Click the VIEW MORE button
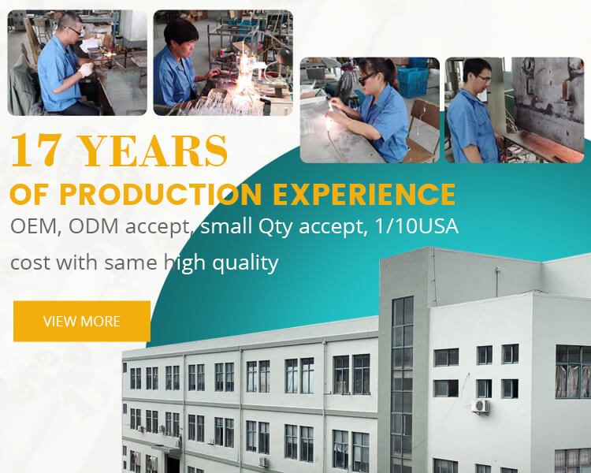[x=82, y=321]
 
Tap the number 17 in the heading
[x=36, y=150]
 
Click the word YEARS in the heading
[x=154, y=150]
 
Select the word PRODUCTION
[x=160, y=194]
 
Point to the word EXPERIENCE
[x=364, y=194]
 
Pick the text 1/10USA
[x=417, y=226]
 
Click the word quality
[x=245, y=263]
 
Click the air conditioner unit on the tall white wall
[x=481, y=406]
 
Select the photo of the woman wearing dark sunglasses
[x=370, y=110]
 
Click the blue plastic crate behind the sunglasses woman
[x=414, y=82]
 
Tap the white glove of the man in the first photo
[x=87, y=69]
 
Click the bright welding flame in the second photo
[x=243, y=67]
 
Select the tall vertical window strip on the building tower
[x=403, y=381]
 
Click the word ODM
[x=94, y=226]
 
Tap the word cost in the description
[x=32, y=263]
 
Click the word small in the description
[x=226, y=226]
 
